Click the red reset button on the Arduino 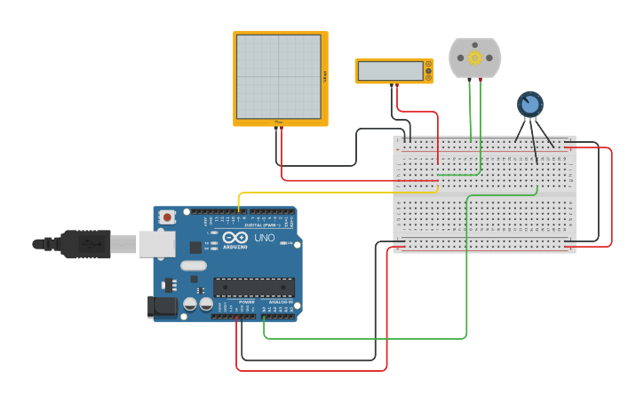166,217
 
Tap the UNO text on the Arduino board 265,239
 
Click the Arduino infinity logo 235,239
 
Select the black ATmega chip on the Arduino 253,287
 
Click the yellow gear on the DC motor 474,58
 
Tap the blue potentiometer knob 530,105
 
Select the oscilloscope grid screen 279,76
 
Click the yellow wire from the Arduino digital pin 338,192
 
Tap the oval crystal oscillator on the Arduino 193,265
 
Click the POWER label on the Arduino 247,302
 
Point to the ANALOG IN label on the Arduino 279,302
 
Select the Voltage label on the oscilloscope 325,77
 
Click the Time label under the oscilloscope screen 278,122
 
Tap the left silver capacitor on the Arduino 190,304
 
